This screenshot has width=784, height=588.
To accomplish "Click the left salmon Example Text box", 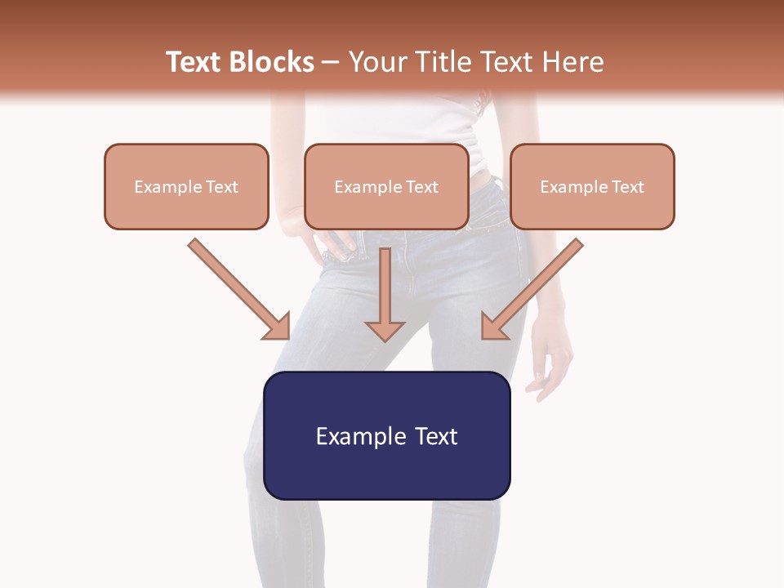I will point(186,187).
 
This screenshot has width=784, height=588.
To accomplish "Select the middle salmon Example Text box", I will point(386,187).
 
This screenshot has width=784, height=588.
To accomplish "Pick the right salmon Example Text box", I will point(592,187).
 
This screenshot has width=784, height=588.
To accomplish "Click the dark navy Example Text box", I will point(387,436).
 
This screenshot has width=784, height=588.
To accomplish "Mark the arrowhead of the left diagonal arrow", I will point(278,327).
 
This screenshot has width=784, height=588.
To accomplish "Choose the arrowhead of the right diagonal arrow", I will point(493,327).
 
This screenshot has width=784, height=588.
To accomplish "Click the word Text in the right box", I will point(628,187).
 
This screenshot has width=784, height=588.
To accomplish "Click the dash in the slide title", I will point(331,62).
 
